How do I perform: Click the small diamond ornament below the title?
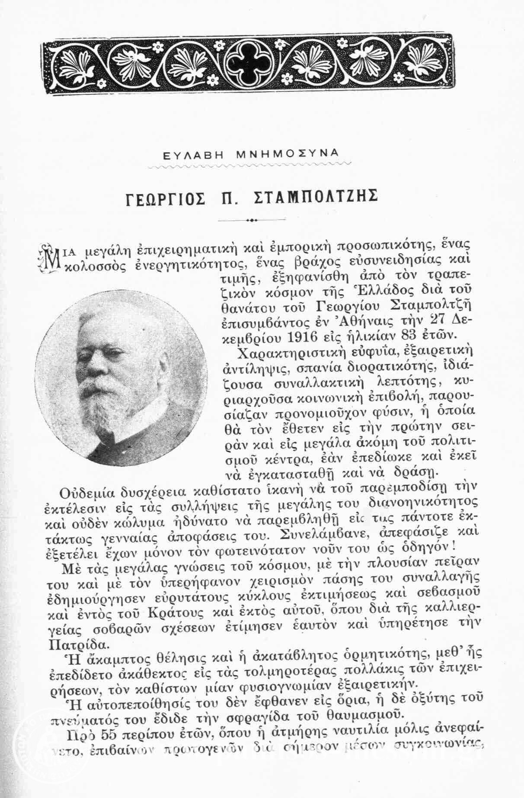pyautogui.click(x=251, y=221)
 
